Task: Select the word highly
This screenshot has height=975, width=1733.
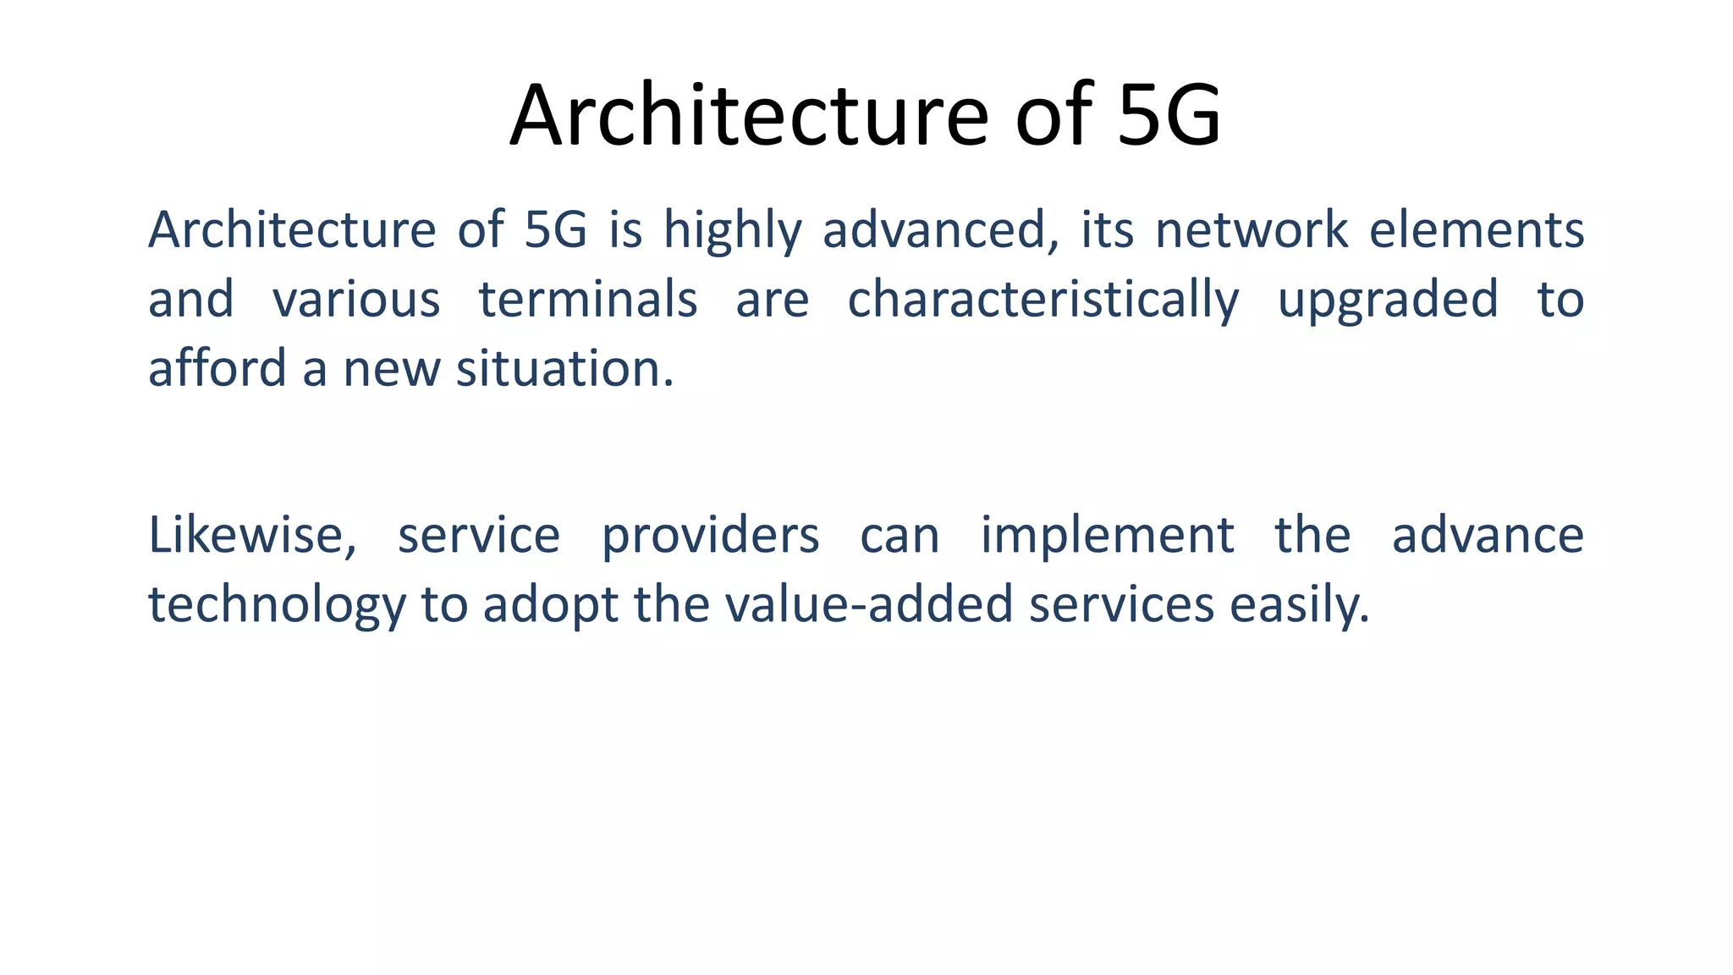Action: (x=732, y=230)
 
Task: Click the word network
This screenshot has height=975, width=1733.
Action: (x=1252, y=230)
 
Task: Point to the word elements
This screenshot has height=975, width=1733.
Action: (x=1476, y=230)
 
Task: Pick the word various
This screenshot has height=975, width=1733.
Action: (x=356, y=300)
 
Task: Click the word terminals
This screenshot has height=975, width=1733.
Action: (x=588, y=300)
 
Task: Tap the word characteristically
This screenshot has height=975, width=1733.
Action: (x=1043, y=300)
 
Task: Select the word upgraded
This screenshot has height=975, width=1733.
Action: (x=1388, y=300)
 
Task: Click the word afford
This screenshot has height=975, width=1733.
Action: (x=217, y=369)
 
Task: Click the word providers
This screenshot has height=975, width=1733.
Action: (x=710, y=536)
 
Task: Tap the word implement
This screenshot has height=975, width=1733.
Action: (x=1107, y=536)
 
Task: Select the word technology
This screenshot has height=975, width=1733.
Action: (x=277, y=605)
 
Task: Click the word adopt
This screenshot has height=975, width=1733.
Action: (x=550, y=605)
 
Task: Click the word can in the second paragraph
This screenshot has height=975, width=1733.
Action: (x=900, y=536)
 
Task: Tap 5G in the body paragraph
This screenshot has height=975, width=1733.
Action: (x=555, y=230)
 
